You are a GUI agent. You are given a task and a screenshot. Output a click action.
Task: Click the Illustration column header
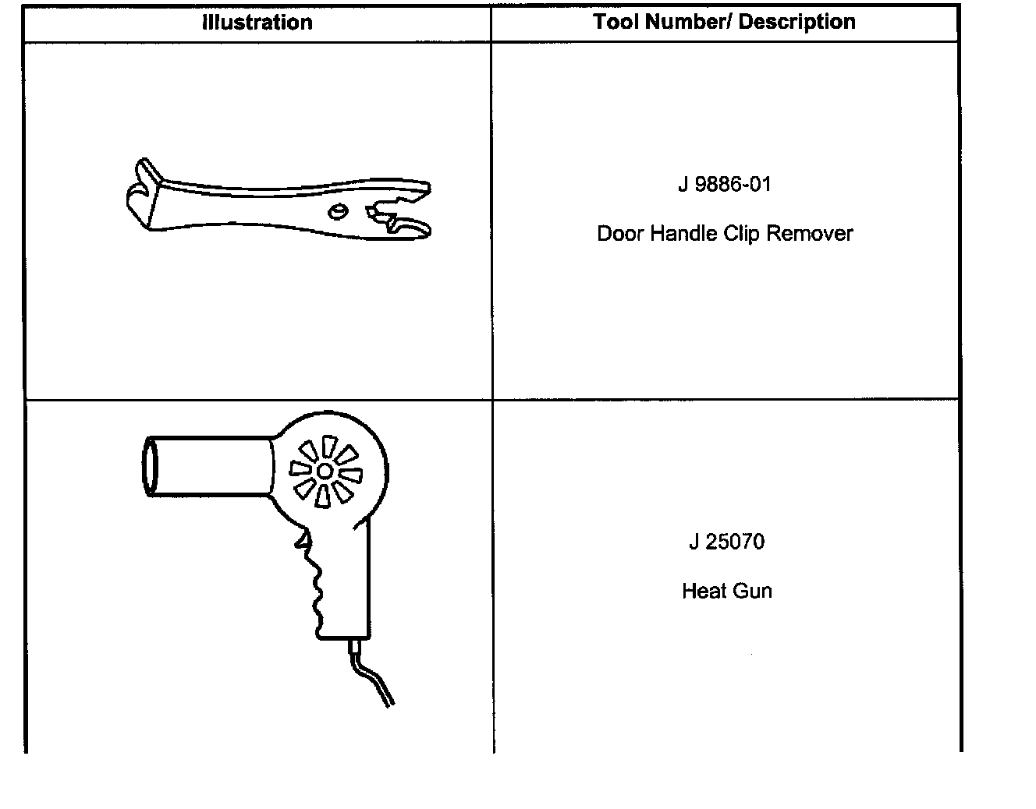click(257, 22)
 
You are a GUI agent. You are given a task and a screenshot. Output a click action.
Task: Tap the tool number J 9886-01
click(724, 185)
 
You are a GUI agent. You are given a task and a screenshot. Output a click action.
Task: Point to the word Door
click(618, 233)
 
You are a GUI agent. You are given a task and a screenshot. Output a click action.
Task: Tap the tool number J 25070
click(726, 542)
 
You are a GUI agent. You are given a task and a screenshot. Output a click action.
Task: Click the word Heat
click(701, 591)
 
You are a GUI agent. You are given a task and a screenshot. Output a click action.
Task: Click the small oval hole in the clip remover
click(338, 211)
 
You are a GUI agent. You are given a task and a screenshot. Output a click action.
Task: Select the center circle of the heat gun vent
click(325, 471)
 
